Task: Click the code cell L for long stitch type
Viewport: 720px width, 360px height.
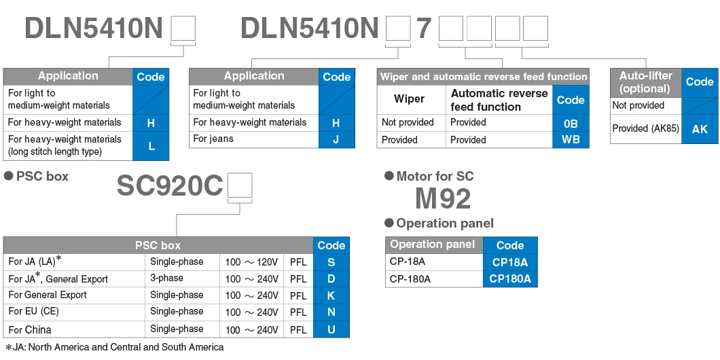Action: click(x=151, y=146)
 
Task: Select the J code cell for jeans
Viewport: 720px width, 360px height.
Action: click(x=336, y=140)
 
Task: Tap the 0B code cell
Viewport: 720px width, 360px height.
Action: click(x=571, y=123)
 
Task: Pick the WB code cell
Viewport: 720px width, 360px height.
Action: click(x=571, y=140)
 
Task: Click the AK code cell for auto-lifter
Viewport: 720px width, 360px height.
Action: click(x=700, y=129)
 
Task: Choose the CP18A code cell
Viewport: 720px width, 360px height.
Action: click(x=510, y=262)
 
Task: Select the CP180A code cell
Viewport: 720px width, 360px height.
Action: click(x=510, y=278)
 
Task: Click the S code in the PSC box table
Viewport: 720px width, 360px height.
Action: click(x=331, y=262)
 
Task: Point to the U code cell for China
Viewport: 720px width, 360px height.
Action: click(x=331, y=329)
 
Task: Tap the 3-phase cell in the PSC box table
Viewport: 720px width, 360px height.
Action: click(x=166, y=278)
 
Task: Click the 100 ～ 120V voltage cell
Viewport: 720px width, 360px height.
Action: click(x=251, y=262)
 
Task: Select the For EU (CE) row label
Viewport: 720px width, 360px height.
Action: click(x=33, y=312)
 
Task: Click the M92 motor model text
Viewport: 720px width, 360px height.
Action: click(x=443, y=198)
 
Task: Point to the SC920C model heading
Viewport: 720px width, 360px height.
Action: click(x=170, y=185)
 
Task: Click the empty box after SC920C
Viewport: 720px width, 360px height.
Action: click(x=240, y=185)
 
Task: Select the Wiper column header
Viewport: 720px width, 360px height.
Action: click(x=409, y=99)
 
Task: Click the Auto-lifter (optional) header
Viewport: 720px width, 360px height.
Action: click(x=645, y=82)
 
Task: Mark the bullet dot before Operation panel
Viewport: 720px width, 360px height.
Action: click(x=389, y=223)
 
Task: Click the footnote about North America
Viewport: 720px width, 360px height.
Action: click(x=115, y=347)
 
